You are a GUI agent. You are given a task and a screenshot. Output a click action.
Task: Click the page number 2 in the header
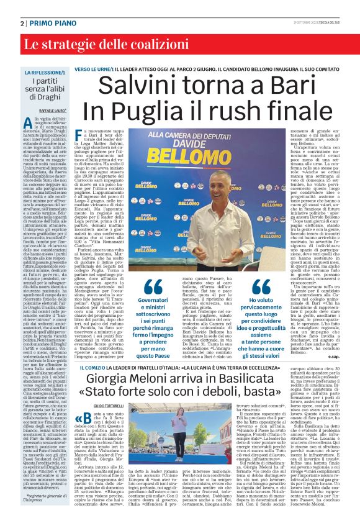coord(22,23)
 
